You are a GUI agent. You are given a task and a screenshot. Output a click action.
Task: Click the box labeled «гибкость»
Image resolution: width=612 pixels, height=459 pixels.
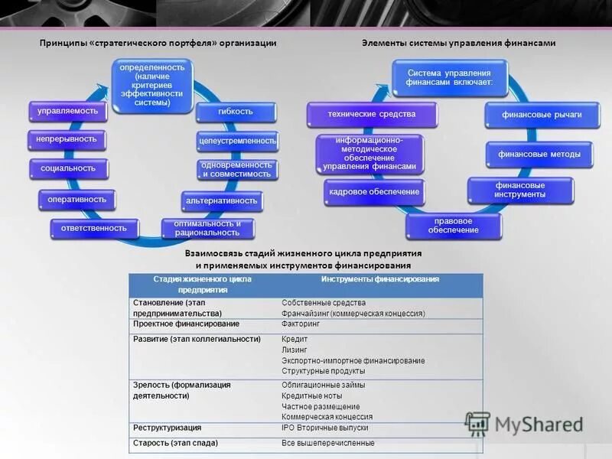[235, 112]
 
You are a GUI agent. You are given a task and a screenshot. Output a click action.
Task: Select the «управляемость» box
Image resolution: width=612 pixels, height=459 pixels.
[68, 111]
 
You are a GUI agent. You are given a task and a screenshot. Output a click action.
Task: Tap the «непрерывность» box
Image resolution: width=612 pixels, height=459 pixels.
[67, 139]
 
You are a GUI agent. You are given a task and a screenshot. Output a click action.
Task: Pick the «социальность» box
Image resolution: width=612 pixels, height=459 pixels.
[69, 168]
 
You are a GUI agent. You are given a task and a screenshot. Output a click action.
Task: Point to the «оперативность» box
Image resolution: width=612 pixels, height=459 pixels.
[76, 200]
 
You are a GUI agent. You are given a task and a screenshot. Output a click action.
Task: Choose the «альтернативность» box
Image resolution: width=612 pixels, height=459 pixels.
[222, 201]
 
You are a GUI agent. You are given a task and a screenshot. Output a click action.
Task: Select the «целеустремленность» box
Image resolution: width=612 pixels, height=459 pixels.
[237, 141]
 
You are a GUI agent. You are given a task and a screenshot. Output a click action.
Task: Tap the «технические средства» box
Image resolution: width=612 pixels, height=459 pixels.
[372, 114]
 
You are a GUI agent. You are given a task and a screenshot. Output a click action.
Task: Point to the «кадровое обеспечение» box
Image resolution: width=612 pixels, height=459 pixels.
[373, 191]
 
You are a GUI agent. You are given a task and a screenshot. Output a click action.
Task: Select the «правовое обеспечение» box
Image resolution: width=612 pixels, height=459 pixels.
[454, 226]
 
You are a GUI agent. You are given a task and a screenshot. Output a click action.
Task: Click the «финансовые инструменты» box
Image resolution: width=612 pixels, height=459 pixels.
[520, 190]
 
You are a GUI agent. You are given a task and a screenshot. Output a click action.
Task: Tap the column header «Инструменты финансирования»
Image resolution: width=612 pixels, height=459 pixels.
[380, 280]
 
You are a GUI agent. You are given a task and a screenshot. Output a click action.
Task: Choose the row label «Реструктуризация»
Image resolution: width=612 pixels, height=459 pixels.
[168, 428]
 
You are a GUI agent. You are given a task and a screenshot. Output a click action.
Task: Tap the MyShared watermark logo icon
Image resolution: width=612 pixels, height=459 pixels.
[477, 424]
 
